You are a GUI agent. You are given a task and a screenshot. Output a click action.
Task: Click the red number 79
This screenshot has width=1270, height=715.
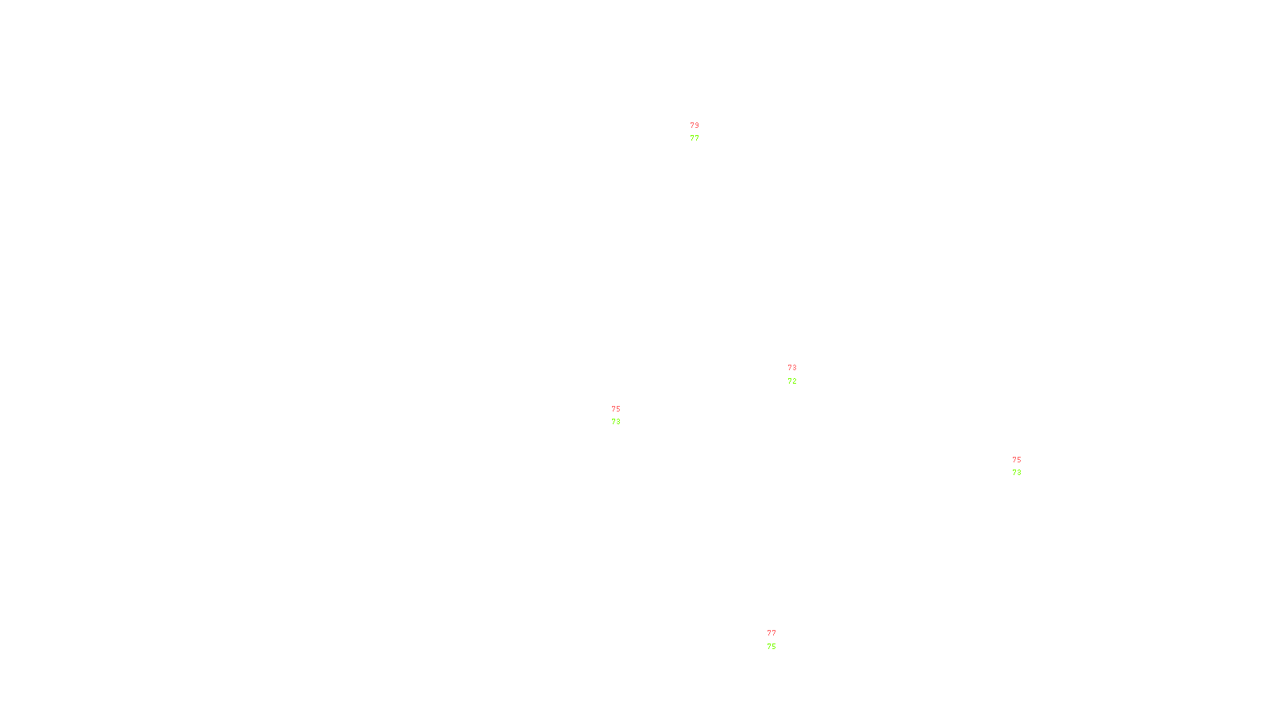click(x=695, y=126)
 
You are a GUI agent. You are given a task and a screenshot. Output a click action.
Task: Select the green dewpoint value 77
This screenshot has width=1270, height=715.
click(x=695, y=138)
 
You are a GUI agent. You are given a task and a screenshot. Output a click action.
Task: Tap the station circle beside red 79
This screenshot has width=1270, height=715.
click(x=702, y=132)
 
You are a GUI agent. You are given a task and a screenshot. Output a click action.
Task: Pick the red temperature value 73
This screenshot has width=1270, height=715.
click(x=792, y=368)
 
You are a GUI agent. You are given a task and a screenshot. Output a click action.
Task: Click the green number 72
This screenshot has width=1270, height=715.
click(x=792, y=381)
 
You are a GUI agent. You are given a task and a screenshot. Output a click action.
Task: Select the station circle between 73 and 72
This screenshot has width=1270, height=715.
click(x=800, y=374)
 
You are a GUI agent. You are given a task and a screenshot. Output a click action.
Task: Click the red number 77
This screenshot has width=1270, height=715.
click(x=772, y=633)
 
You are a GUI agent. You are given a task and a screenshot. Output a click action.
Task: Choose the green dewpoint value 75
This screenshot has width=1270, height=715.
click(x=772, y=647)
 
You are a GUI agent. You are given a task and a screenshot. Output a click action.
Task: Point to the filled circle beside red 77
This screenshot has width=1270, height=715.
click(x=779, y=640)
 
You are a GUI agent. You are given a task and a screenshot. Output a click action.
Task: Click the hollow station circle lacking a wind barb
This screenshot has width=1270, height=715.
click(x=623, y=415)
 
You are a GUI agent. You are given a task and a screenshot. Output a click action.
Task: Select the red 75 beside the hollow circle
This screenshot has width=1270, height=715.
click(x=616, y=409)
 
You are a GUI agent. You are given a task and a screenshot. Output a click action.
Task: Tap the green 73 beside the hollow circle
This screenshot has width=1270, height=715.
click(x=616, y=422)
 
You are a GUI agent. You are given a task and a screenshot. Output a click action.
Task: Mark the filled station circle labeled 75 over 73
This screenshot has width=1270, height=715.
click(x=1024, y=466)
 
